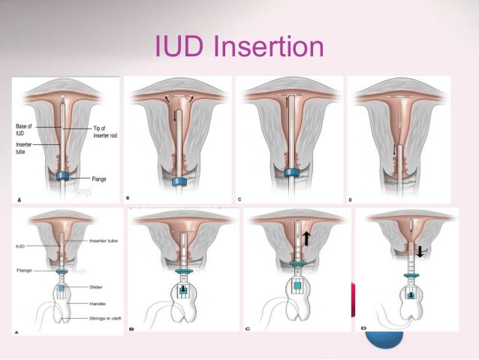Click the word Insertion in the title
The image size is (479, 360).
click(x=269, y=47)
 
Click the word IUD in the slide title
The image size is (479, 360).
click(x=180, y=47)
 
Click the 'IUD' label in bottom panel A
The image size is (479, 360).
click(x=21, y=245)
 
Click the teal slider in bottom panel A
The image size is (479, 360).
click(x=64, y=286)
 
